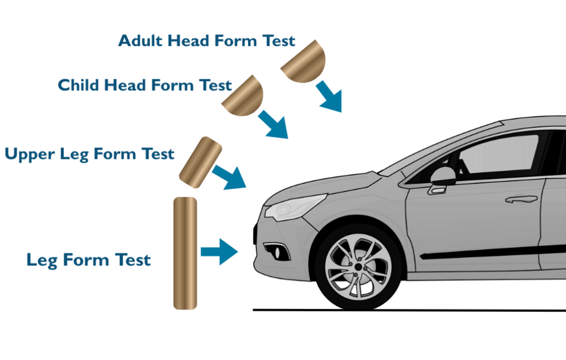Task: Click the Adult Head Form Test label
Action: click(x=206, y=41)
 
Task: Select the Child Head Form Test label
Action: click(x=144, y=85)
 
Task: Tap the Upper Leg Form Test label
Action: click(x=89, y=154)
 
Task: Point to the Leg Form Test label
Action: click(x=88, y=260)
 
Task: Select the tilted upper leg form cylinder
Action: click(x=200, y=160)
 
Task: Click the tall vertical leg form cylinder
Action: click(x=185, y=253)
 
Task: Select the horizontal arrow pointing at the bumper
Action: click(x=220, y=251)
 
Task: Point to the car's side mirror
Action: click(x=442, y=177)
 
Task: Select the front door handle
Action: click(x=520, y=199)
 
